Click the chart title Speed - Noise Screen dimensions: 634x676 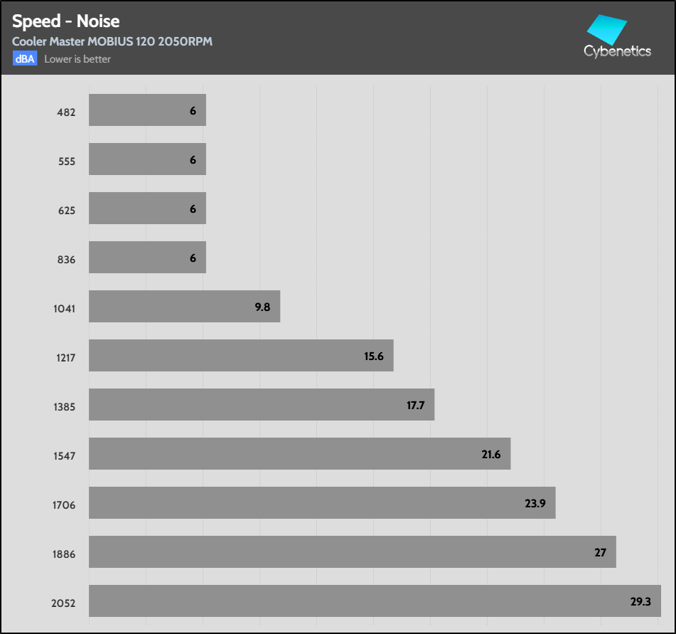pos(65,21)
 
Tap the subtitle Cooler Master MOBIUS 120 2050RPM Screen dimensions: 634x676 pos(112,41)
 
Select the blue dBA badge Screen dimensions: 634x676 pos(24,59)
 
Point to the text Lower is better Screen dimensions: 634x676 pos(77,59)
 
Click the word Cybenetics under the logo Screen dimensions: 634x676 pos(617,51)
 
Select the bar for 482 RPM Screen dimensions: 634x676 pos(147,110)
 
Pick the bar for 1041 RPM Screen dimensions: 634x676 pos(184,307)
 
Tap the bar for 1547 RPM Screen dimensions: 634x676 pos(299,454)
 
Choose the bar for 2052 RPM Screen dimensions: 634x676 pos(375,601)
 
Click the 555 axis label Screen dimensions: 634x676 pos(67,162)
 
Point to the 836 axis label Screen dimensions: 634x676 pos(67,260)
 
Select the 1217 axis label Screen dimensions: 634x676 pos(65,358)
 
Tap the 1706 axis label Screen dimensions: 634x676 pos(64,505)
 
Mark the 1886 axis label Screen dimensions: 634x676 pos(64,554)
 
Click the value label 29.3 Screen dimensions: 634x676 pos(640,601)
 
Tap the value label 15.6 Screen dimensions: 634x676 pos(374,356)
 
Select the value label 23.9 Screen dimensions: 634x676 pos(535,503)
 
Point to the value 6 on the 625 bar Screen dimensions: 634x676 pos(193,208)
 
